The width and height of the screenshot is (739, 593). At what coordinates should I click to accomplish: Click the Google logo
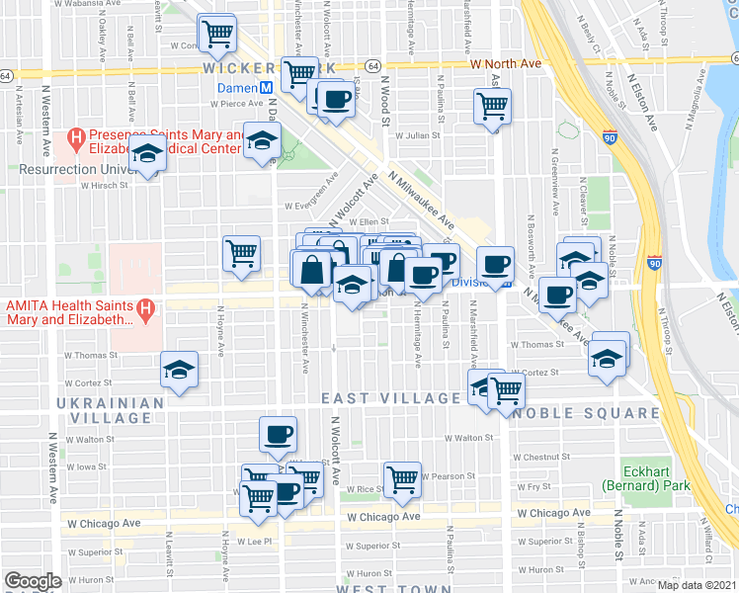(33, 581)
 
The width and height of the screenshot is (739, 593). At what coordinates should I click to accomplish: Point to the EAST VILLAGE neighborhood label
(392, 398)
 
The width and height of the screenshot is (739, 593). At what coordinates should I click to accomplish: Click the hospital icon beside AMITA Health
(146, 310)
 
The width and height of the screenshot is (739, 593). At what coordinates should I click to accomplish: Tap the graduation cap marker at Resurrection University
(148, 156)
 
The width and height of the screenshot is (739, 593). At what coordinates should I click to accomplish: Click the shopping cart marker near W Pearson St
(402, 479)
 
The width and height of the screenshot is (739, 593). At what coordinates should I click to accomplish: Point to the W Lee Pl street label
(252, 542)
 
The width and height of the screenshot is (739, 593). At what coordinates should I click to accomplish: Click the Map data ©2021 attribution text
(697, 585)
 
